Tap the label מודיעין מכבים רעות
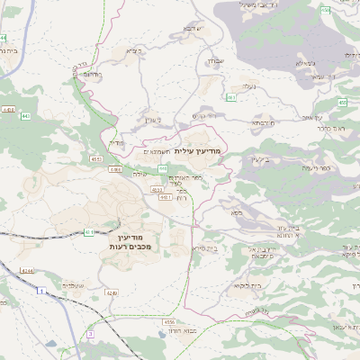(x=134, y=240)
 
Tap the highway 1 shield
(x=40, y=292)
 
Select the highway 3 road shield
(x=90, y=334)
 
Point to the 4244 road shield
(x=28, y=271)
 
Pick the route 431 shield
(x=89, y=232)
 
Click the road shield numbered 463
(x=231, y=97)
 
